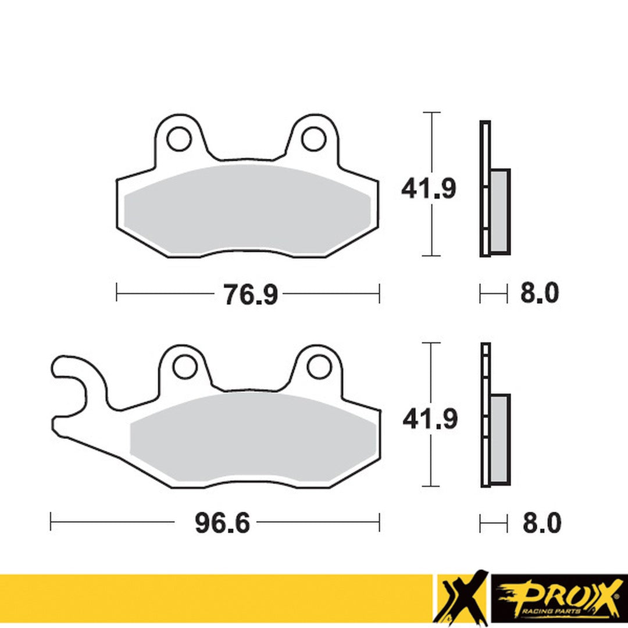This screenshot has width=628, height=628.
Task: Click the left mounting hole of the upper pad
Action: pos(178,138)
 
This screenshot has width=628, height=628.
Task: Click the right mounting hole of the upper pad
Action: pos(314,138)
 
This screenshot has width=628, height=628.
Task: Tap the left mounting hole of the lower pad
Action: pos(185,366)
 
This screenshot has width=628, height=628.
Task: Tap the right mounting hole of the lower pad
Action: pos(319,366)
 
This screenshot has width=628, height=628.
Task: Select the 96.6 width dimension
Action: pos(222,524)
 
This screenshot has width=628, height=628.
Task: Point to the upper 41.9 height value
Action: pos(428,189)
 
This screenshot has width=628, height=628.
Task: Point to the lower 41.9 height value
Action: pos(430,419)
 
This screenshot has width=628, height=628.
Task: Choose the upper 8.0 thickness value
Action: pos(539,294)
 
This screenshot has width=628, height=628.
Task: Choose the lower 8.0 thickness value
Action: pos(541,524)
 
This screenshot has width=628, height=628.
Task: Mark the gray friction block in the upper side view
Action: pos(500,212)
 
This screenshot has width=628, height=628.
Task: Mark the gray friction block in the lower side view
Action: pos(500,439)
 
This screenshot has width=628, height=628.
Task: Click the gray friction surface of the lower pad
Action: pos(250,436)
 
